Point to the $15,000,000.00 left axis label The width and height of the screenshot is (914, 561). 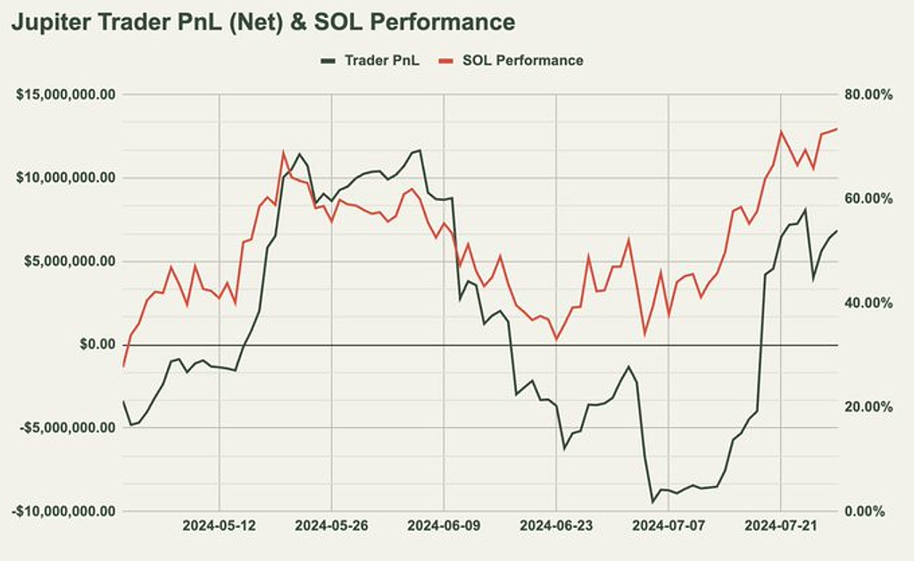(66, 95)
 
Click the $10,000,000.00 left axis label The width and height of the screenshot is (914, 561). (66, 178)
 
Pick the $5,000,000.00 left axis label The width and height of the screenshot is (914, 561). (70, 261)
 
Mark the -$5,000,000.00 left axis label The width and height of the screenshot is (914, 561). (67, 428)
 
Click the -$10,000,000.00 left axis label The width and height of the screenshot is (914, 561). (63, 511)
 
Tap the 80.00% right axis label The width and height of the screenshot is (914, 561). (869, 95)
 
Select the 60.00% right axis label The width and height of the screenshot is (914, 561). (869, 198)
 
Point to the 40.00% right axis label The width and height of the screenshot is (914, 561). (869, 303)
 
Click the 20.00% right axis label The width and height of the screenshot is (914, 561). (869, 406)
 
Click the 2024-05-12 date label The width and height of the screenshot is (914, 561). (220, 526)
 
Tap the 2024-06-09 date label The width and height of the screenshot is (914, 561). (444, 526)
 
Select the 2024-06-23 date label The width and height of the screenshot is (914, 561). (556, 526)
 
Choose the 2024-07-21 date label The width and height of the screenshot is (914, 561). (781, 526)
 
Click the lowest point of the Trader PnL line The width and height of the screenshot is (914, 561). (652, 502)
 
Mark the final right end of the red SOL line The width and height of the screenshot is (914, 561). (837, 129)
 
